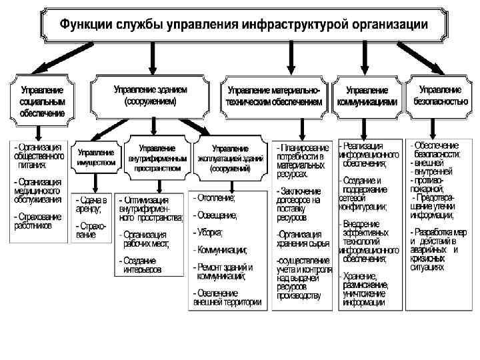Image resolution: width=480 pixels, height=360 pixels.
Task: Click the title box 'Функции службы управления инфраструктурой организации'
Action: [x=244, y=25]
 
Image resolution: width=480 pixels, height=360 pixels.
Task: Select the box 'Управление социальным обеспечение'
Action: [x=42, y=101]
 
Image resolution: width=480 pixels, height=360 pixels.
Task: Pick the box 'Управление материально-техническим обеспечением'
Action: [x=274, y=96]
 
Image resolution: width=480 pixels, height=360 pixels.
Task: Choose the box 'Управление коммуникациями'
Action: [x=367, y=96]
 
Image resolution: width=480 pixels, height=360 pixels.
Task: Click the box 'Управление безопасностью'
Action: [x=440, y=96]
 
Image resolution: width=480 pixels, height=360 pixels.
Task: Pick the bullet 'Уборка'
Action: [x=210, y=232]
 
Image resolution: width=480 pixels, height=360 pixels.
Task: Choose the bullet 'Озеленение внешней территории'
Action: [x=227, y=297]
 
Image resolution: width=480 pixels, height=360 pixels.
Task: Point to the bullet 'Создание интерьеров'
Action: [x=141, y=265]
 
